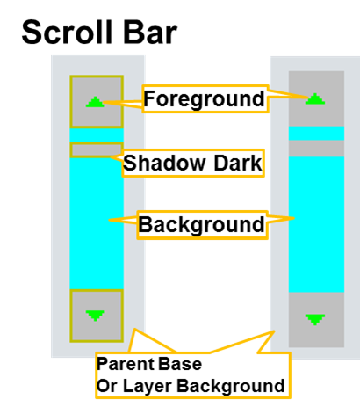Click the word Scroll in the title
pos(67,32)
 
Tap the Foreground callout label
pos(205,98)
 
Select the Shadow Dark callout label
pos(192,163)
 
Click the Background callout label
pos(202,224)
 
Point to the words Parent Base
pos(149,364)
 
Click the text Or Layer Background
pos(191,386)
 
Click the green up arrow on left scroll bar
pos(95,102)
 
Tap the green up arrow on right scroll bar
pos(315,98)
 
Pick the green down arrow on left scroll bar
pos(95,316)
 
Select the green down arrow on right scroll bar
pos(315,320)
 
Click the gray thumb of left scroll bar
pos(97,150)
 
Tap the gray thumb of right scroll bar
pos(316,149)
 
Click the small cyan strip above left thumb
pos(97,135)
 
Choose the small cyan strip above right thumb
pos(316,134)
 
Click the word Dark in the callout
pos(238,163)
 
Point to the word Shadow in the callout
pos(164,163)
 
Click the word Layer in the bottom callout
pos(148,386)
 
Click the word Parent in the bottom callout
pos(123,364)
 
